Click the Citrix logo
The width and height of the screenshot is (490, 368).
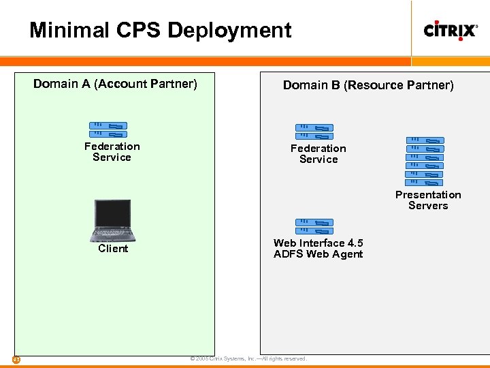450,30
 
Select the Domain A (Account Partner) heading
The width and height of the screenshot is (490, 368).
115,84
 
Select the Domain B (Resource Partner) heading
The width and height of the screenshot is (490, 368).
368,85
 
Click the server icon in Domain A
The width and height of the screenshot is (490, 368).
108,129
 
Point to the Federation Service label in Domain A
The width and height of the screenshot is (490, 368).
112,152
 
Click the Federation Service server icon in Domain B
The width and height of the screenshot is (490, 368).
314,132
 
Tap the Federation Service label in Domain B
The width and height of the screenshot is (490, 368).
318,154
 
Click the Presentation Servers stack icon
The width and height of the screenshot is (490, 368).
425,161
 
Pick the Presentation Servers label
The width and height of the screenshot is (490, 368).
428,200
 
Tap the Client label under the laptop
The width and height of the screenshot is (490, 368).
113,249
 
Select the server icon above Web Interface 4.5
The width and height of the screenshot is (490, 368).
314,226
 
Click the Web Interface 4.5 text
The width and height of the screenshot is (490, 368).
318,243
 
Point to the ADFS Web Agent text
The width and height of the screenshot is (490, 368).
318,255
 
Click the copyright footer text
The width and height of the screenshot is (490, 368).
248,358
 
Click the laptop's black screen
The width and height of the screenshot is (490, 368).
113,214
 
